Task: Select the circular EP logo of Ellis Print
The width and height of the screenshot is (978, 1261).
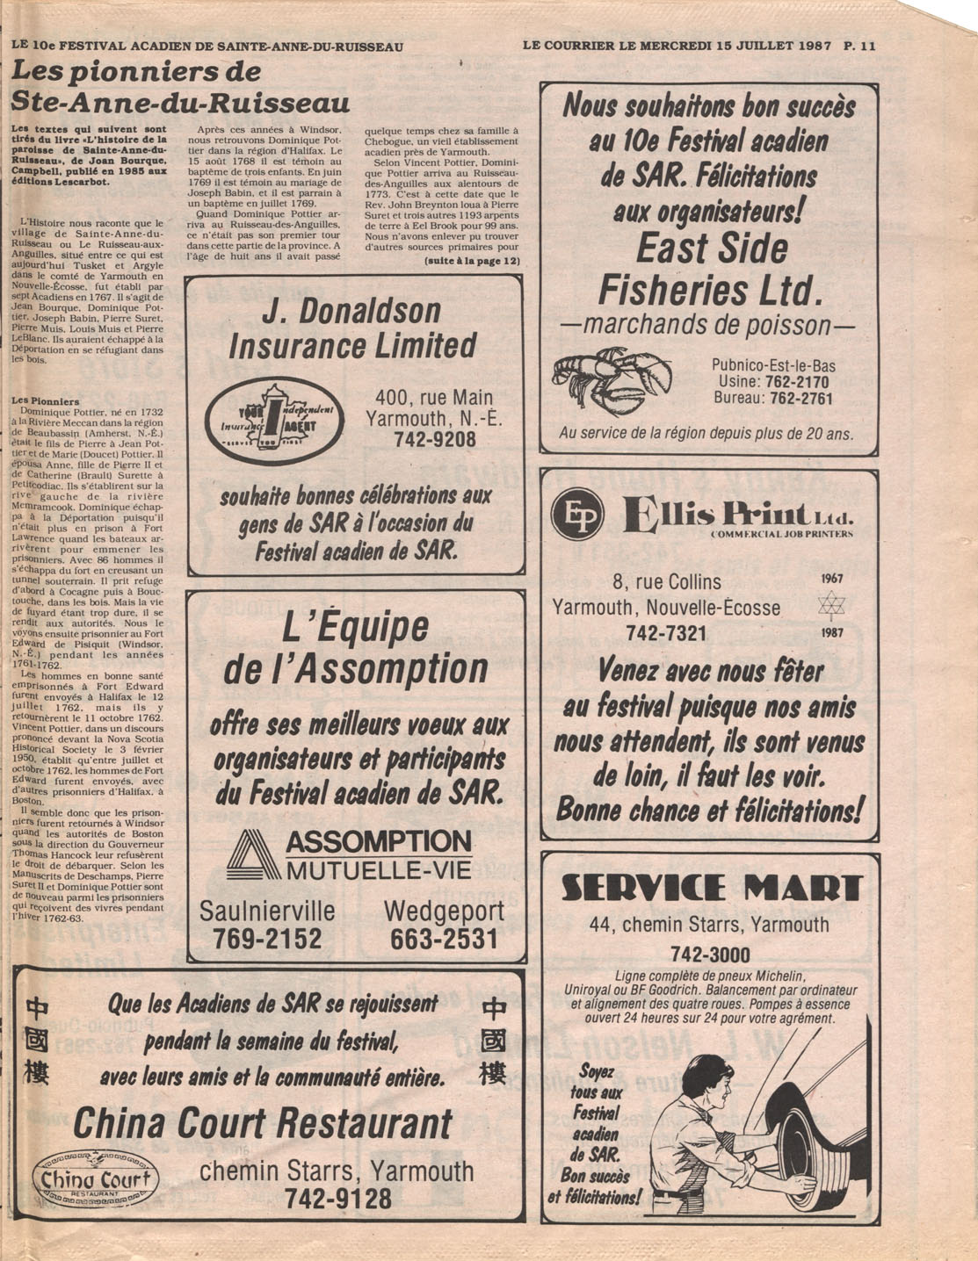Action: [x=576, y=516]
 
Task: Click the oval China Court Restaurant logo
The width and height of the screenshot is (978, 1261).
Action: [x=96, y=1179]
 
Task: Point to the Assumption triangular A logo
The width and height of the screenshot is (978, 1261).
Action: [x=253, y=854]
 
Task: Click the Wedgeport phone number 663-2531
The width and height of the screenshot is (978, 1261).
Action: [x=444, y=939]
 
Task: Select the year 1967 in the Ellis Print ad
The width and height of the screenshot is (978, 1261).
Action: [x=831, y=579]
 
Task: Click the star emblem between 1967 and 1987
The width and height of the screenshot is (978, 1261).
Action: [x=830, y=605]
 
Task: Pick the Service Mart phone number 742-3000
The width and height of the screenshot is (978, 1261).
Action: [x=710, y=955]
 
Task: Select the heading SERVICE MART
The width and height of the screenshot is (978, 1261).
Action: [x=711, y=889]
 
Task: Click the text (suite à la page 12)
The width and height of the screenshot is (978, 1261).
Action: [x=472, y=262]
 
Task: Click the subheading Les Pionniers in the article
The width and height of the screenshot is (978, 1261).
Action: [x=45, y=401]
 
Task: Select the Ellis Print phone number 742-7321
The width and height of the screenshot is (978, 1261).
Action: [x=666, y=633]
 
